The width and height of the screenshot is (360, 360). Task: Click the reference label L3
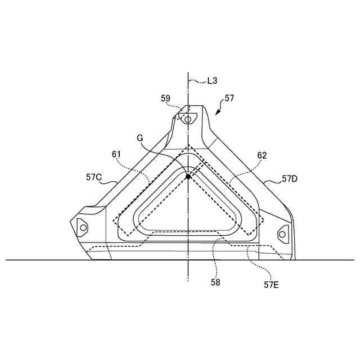pyautogui.click(x=213, y=81)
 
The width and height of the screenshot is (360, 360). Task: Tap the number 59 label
pyautogui.click(x=165, y=98)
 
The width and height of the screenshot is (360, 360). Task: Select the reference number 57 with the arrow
pyautogui.click(x=229, y=98)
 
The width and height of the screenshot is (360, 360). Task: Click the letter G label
pyautogui.click(x=139, y=138)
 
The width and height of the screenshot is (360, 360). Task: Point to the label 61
pyautogui.click(x=116, y=154)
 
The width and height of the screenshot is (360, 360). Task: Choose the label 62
pyautogui.click(x=262, y=155)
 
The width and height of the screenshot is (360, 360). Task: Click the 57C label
pyautogui.click(x=94, y=177)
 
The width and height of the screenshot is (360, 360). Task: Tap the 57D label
pyautogui.click(x=290, y=179)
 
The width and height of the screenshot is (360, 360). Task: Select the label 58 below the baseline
pyautogui.click(x=215, y=282)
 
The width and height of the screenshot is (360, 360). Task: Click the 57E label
pyautogui.click(x=271, y=285)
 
